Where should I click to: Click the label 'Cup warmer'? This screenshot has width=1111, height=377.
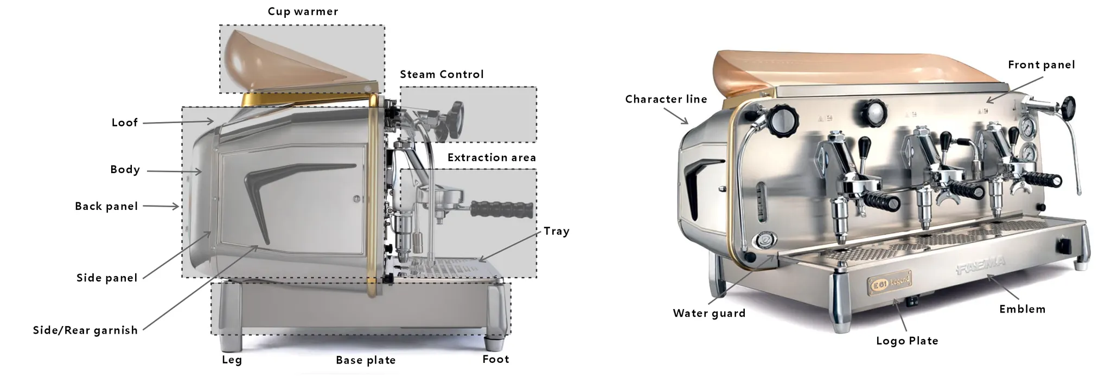tap(303, 11)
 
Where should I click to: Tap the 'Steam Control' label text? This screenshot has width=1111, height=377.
tap(442, 74)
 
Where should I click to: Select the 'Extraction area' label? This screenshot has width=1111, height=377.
tap(491, 158)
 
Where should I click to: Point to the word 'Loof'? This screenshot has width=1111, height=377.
tap(125, 123)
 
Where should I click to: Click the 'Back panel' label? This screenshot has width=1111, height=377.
tap(106, 206)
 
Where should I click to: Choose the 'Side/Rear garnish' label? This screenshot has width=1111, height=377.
tap(85, 330)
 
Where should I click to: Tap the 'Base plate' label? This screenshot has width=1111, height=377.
tap(366, 360)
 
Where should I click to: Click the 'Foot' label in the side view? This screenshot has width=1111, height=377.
tap(495, 359)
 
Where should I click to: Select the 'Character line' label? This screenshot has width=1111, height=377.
tap(666, 99)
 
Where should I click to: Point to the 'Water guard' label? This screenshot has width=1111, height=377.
tap(709, 313)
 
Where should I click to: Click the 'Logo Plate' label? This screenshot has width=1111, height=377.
tap(907, 341)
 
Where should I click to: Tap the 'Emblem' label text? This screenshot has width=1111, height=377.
tap(1022, 309)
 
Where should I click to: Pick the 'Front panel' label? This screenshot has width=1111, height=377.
tap(1041, 65)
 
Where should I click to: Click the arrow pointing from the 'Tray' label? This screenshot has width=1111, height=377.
tap(510, 246)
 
